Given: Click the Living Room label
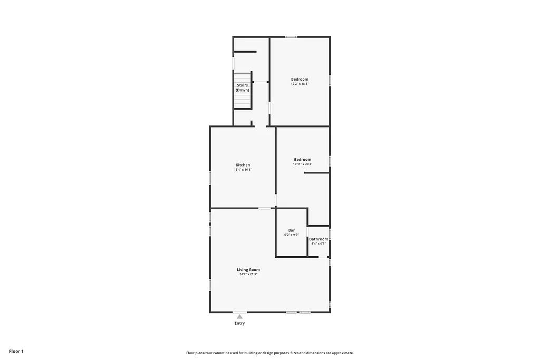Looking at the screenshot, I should click(248, 270).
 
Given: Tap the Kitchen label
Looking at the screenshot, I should click(243, 165).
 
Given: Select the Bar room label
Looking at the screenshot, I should click(291, 230).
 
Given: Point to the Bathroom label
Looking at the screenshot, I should click(319, 239).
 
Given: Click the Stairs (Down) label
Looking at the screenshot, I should click(243, 87).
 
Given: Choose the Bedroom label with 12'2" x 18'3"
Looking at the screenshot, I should click(300, 79).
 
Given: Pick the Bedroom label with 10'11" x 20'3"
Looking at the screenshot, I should click(303, 160).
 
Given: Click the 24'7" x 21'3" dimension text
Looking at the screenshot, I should click(248, 275).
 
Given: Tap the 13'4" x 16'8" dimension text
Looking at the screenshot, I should click(243, 170).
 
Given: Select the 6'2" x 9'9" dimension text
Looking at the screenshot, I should click(291, 235).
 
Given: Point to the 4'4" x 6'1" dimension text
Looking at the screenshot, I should click(319, 244).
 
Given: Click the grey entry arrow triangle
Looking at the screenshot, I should click(239, 317).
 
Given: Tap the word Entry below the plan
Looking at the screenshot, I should click(239, 323).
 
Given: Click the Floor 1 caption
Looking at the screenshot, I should click(16, 351).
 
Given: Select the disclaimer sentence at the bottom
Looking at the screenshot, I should click(269, 353).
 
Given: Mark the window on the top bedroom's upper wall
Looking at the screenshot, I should click(291, 37).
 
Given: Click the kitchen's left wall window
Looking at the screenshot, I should click(210, 178).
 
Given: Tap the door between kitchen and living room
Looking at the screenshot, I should click(265, 209).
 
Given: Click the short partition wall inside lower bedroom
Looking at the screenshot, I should click(316, 173).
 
